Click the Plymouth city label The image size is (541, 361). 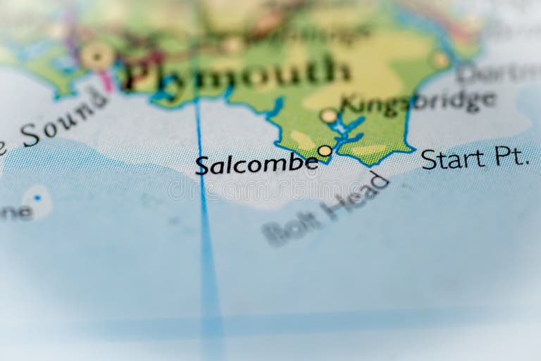pos(236,73)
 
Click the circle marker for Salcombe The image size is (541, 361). pos(324,150)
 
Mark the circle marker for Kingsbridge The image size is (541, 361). pos(328,115)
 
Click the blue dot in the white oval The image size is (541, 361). pos(37,198)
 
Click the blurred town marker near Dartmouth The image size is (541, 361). pos(441,60)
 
